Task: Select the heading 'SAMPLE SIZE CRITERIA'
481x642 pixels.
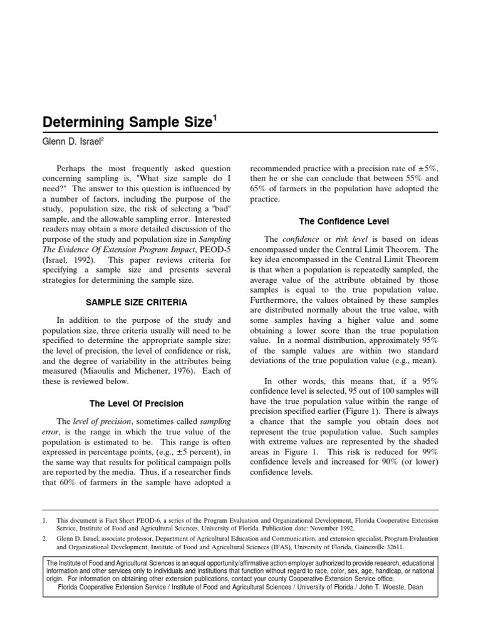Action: coord(137,302)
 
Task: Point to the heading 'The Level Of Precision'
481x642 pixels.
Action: coord(137,403)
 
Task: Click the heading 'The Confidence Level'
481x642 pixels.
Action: coord(344,221)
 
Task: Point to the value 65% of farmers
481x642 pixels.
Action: coord(260,189)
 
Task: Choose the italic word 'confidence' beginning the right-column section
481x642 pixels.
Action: coord(301,239)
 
